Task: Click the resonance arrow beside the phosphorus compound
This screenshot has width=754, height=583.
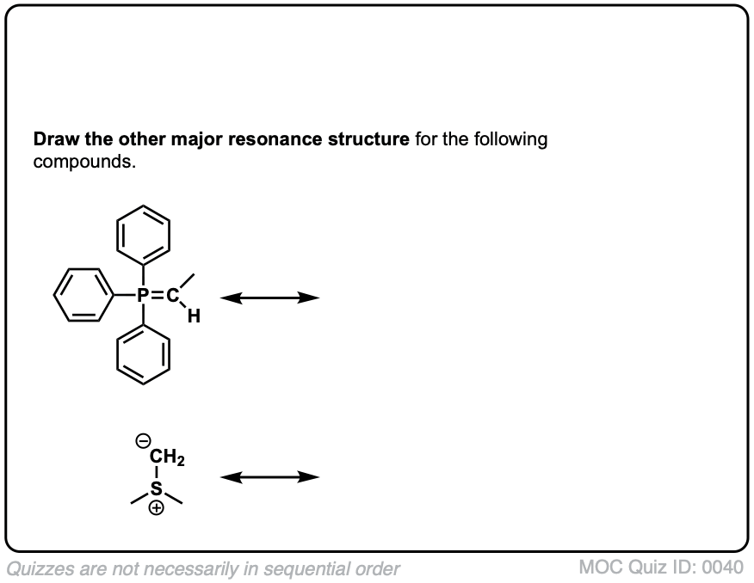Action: coord(269,298)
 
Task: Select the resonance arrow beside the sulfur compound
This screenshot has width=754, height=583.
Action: coord(269,477)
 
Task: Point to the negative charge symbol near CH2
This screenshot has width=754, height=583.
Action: coord(143,442)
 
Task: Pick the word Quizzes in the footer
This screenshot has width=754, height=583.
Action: coord(37,568)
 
